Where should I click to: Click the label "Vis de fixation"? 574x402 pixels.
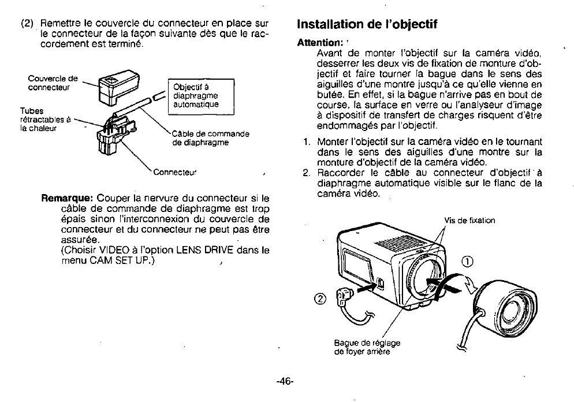pyautogui.click(x=469, y=220)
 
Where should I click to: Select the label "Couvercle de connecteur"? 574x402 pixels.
pyautogui.click(x=53, y=83)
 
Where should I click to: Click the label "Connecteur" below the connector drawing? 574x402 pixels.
pyautogui.click(x=175, y=172)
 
